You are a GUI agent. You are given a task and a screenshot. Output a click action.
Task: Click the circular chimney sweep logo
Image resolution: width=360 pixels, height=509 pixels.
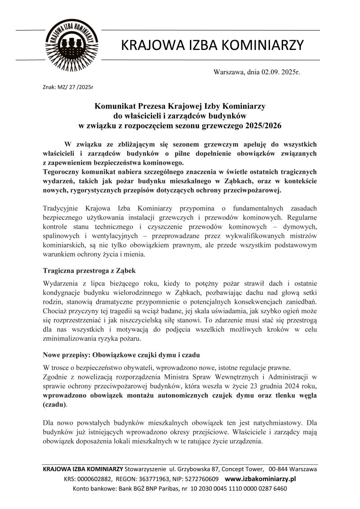coord(72,44)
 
